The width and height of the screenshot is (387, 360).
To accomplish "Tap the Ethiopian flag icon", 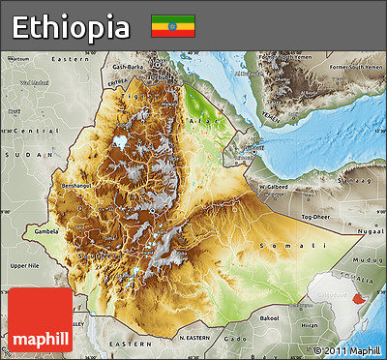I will pyautogui.click(x=172, y=26).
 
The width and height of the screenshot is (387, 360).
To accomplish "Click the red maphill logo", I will pyautogui.click(x=40, y=320).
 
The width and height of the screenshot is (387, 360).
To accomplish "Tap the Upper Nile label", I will pyautogui.click(x=24, y=264).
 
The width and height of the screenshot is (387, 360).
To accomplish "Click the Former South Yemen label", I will pyautogui.click(x=350, y=67).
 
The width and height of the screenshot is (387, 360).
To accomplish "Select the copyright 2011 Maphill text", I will pyautogui.click(x=347, y=349).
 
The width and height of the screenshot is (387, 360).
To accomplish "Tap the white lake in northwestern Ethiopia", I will pyautogui.click(x=121, y=141).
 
